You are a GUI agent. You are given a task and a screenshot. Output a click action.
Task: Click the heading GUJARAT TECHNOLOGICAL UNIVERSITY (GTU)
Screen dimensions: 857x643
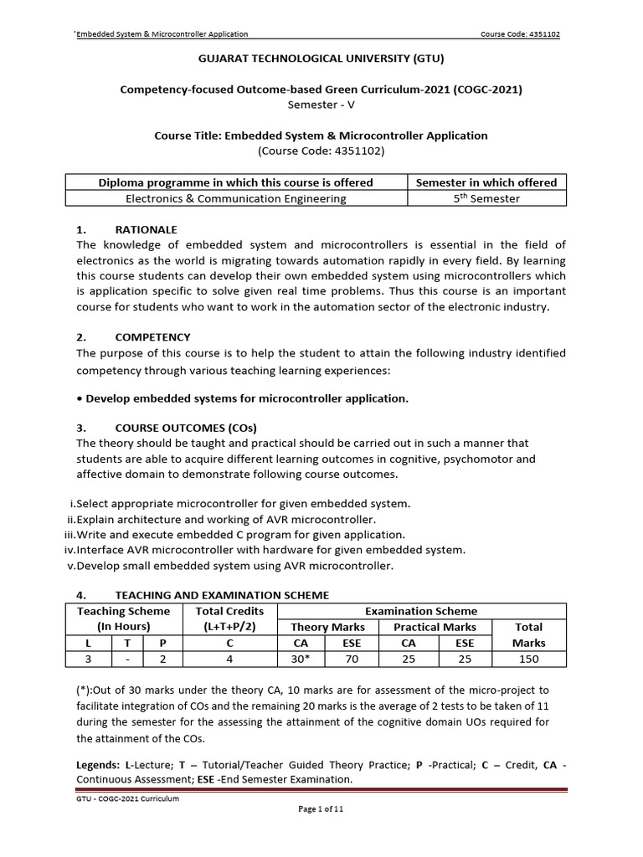coord(321,59)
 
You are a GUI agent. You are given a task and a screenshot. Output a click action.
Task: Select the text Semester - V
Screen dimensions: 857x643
coord(321,105)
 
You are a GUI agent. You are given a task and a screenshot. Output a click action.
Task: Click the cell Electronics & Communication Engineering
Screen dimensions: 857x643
coord(235,198)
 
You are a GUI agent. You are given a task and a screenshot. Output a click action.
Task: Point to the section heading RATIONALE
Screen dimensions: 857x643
coord(146,229)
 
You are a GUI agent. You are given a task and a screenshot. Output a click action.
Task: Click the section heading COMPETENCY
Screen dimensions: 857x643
coord(152,336)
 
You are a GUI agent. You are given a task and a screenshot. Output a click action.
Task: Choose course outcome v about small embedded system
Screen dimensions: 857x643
coord(229,566)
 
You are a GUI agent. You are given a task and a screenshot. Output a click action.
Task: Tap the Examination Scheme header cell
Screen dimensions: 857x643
coord(422,611)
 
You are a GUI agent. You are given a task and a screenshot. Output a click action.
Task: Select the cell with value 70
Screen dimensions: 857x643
coord(351,659)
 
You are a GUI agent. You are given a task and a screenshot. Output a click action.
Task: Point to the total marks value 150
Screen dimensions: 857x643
coord(527,659)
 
